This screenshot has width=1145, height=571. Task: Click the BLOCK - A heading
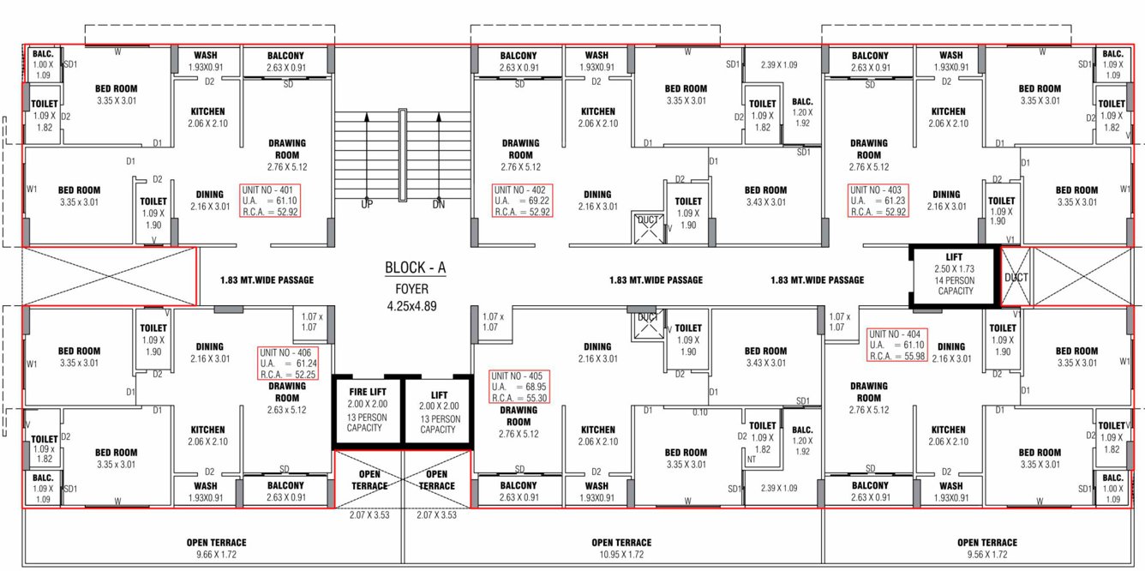415,268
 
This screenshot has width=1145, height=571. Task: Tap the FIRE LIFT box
368,410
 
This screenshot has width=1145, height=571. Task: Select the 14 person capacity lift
955,275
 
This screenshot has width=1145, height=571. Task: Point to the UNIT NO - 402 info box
522,200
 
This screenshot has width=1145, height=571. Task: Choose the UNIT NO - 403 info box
878,200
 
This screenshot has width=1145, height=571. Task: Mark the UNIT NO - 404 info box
896,345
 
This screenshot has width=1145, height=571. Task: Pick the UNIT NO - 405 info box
519,388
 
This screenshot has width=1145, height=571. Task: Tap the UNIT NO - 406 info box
289,363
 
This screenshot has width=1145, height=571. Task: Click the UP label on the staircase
367,205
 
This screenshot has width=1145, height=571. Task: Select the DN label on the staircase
439,205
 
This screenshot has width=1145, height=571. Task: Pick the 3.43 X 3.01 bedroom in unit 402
765,196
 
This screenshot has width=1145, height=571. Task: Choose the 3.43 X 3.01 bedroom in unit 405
765,357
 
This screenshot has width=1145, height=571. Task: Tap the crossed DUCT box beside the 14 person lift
1016,276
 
